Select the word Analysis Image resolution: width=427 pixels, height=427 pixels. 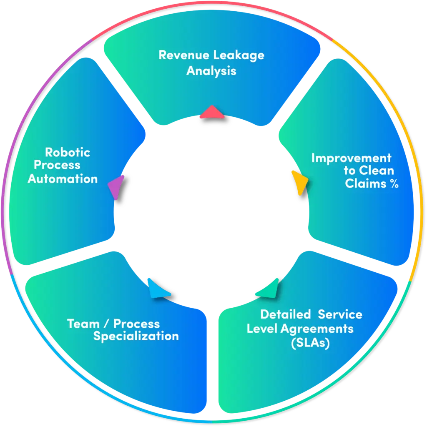point(211,70)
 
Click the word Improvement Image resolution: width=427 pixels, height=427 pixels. point(351,158)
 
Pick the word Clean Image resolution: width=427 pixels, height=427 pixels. point(377,171)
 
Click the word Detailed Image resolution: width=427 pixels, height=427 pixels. point(286,314)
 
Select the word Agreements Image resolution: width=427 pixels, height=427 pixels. point(317,329)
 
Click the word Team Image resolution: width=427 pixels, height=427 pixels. point(83,324)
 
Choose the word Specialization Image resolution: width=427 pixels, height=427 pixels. point(136,337)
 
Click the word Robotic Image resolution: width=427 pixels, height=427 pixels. point(68,152)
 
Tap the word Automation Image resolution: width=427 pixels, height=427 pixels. point(63,179)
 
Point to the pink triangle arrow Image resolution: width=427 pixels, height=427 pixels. point(212,113)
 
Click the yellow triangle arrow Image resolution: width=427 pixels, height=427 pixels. point(300,183)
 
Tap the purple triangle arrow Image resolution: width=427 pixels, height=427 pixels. point(117,187)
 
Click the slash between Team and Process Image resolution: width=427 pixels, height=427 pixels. point(107,324)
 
